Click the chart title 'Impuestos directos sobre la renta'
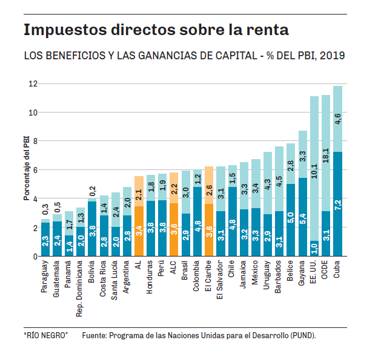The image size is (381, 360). click(156, 30)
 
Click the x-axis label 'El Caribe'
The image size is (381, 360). click(208, 278)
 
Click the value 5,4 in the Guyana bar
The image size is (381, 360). click(303, 217)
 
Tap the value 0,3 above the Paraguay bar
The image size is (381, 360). click(44, 210)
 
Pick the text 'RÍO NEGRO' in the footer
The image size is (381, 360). click(46, 335)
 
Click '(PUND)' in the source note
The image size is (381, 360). click(301, 335)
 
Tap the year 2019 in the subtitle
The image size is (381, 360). click(333, 56)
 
